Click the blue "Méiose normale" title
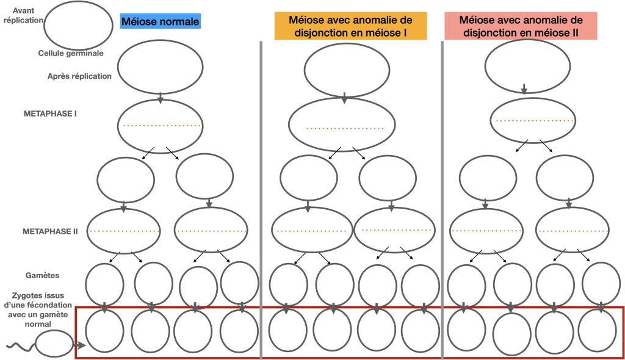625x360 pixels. [x=161, y=21]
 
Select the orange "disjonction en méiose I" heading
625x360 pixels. [x=350, y=26]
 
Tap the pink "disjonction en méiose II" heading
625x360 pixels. [x=521, y=26]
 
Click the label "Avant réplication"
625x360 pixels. [x=23, y=15]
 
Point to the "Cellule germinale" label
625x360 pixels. [x=71, y=53]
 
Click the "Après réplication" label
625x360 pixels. [x=79, y=76]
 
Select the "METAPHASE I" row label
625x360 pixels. [x=50, y=113]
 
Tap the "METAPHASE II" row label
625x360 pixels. [x=50, y=231]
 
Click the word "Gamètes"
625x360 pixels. [x=42, y=275]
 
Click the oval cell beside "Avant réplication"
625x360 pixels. [x=78, y=26]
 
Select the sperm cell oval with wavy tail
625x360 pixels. [x=54, y=344]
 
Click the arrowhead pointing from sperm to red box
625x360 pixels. [x=82, y=345]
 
